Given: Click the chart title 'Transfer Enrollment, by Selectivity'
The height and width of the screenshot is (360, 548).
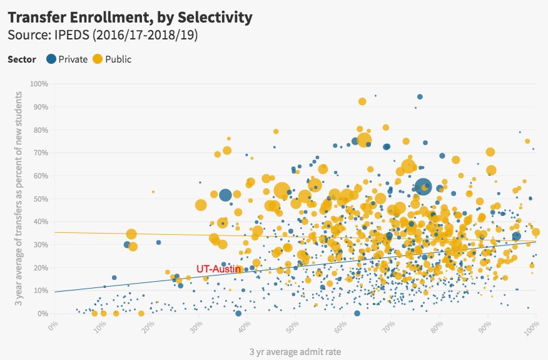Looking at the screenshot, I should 130,17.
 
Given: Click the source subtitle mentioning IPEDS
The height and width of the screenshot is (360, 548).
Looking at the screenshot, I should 103,35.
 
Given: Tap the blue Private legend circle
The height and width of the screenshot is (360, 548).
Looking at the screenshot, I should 51,59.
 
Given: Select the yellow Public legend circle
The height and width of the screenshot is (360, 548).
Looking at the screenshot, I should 98,59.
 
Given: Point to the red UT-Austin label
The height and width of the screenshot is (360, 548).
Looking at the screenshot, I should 219,268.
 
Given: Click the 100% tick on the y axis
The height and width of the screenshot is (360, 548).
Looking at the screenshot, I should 39,84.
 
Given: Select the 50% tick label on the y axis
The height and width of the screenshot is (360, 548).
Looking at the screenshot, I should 41,198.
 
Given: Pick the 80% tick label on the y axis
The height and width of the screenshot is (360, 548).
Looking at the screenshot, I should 41,130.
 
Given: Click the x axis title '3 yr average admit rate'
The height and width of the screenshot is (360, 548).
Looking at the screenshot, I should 295,352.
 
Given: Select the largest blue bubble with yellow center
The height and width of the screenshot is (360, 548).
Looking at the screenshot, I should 424,187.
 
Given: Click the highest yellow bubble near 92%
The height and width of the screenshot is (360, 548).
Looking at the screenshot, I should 362,101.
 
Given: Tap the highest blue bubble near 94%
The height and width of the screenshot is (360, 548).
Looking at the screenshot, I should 420,96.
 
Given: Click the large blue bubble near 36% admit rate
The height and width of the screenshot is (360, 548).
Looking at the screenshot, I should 225,195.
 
